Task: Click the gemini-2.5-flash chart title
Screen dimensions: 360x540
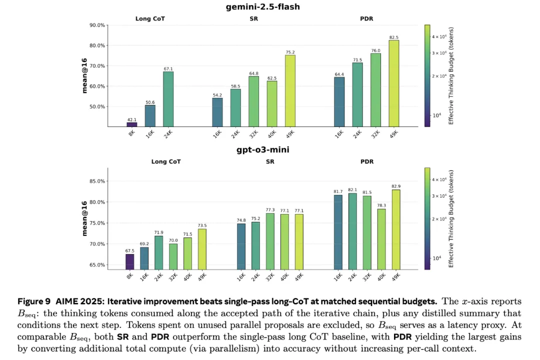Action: (x=270, y=7)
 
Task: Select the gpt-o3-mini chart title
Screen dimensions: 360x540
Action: (x=270, y=149)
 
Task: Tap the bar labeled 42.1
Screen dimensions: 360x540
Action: (x=132, y=124)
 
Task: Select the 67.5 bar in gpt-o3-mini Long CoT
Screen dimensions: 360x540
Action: (x=130, y=261)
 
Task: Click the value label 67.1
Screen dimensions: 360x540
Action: (x=168, y=68)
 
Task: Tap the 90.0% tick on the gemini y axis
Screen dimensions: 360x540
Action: (x=96, y=25)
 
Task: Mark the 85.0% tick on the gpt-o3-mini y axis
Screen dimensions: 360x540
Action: (x=96, y=181)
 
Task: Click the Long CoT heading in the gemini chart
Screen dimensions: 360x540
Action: (x=150, y=19)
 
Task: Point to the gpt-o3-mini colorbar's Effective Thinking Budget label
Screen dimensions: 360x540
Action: (x=450, y=218)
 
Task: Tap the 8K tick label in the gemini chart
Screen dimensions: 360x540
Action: (x=131, y=133)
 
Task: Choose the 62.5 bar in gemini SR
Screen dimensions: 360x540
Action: (x=272, y=103)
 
